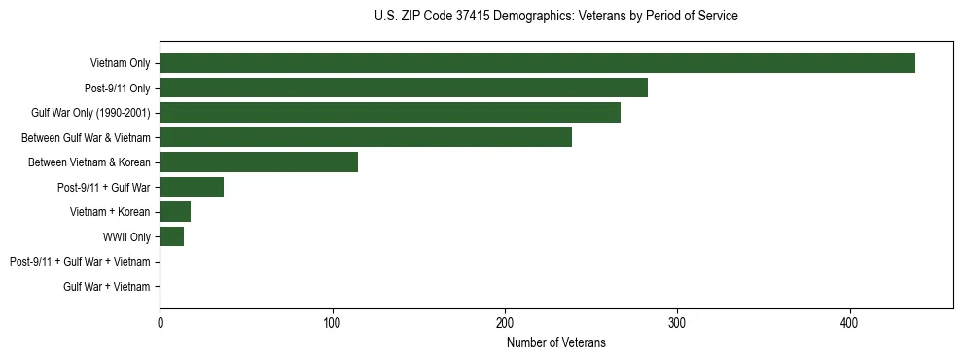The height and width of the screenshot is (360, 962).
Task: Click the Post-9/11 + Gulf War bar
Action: coord(192,187)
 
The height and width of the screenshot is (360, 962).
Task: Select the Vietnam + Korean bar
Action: coord(175,212)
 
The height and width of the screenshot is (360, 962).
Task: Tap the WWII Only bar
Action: coord(172,236)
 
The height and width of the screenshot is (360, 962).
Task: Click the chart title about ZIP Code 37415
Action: coord(555,17)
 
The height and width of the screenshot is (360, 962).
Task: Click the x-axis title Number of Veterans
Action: coord(555,342)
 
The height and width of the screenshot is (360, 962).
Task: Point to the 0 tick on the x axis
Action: coord(160,322)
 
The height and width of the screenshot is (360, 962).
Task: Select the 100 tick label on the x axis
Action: coord(333,322)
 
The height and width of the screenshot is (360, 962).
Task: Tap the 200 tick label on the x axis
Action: coord(505,322)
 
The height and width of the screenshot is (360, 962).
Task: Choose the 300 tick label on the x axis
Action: coord(678,322)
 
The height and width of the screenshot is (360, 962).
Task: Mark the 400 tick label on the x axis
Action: coord(850,322)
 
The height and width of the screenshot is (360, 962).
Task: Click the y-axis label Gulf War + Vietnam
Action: coord(107,287)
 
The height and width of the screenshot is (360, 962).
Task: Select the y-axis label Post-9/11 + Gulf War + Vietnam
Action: coord(80,262)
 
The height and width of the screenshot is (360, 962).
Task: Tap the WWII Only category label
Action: coord(126,237)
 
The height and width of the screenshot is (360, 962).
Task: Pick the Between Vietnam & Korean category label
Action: coord(89,162)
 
